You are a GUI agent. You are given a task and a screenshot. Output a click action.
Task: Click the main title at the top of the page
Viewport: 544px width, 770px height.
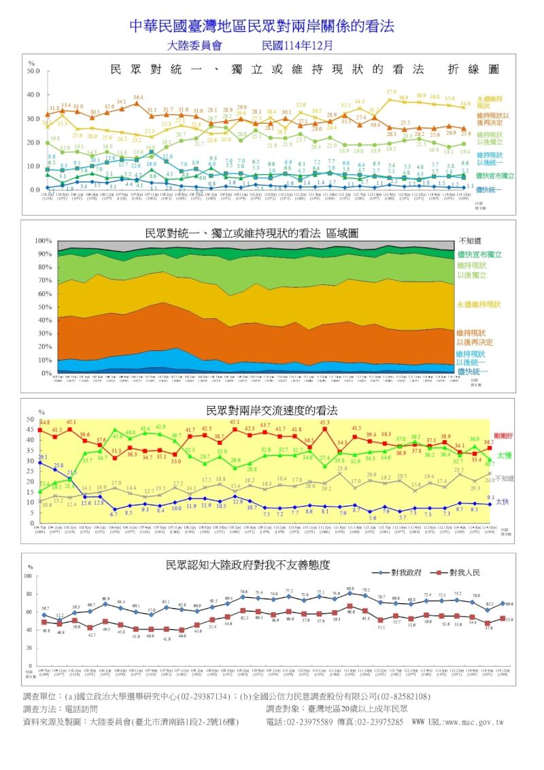coord(262,26)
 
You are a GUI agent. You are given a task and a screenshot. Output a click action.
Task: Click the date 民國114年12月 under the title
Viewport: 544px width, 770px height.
coord(298,46)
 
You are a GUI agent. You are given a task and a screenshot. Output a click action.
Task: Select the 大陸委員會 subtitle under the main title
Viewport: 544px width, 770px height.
coord(194,46)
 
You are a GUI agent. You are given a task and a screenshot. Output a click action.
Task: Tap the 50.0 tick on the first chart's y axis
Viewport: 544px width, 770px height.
coord(34,70)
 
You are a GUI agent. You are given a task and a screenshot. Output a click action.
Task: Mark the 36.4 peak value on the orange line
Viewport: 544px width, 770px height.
coord(138,97)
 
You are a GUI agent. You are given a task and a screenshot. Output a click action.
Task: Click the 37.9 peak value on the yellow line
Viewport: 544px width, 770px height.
coord(391,92)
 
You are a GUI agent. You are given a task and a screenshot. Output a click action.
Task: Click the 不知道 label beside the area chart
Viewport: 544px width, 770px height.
coord(470,241)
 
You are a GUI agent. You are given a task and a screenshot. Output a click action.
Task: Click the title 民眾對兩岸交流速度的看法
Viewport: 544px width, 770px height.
coord(271,411)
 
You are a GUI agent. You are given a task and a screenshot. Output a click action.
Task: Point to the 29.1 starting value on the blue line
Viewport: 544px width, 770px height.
coord(43,458)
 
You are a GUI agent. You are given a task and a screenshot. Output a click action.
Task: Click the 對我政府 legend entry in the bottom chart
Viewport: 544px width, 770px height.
coord(403,573)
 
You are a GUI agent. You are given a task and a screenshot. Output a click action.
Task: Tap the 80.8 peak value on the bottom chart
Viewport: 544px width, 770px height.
coord(350,588)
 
